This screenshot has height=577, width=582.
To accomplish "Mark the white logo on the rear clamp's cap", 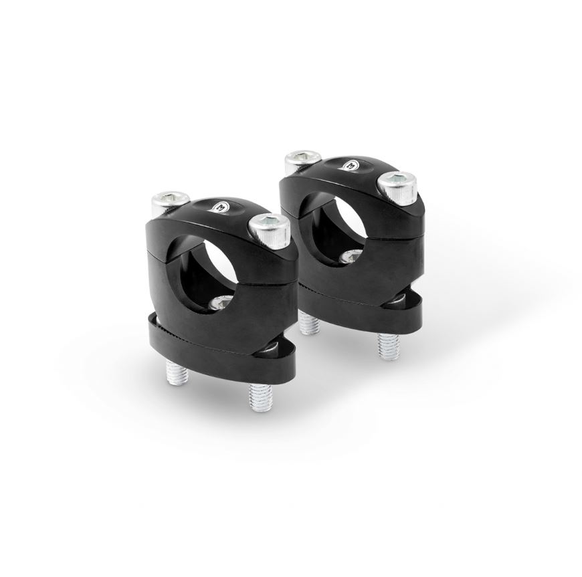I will point(351,165).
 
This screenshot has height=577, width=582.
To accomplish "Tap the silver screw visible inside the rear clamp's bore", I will point(349,257).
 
